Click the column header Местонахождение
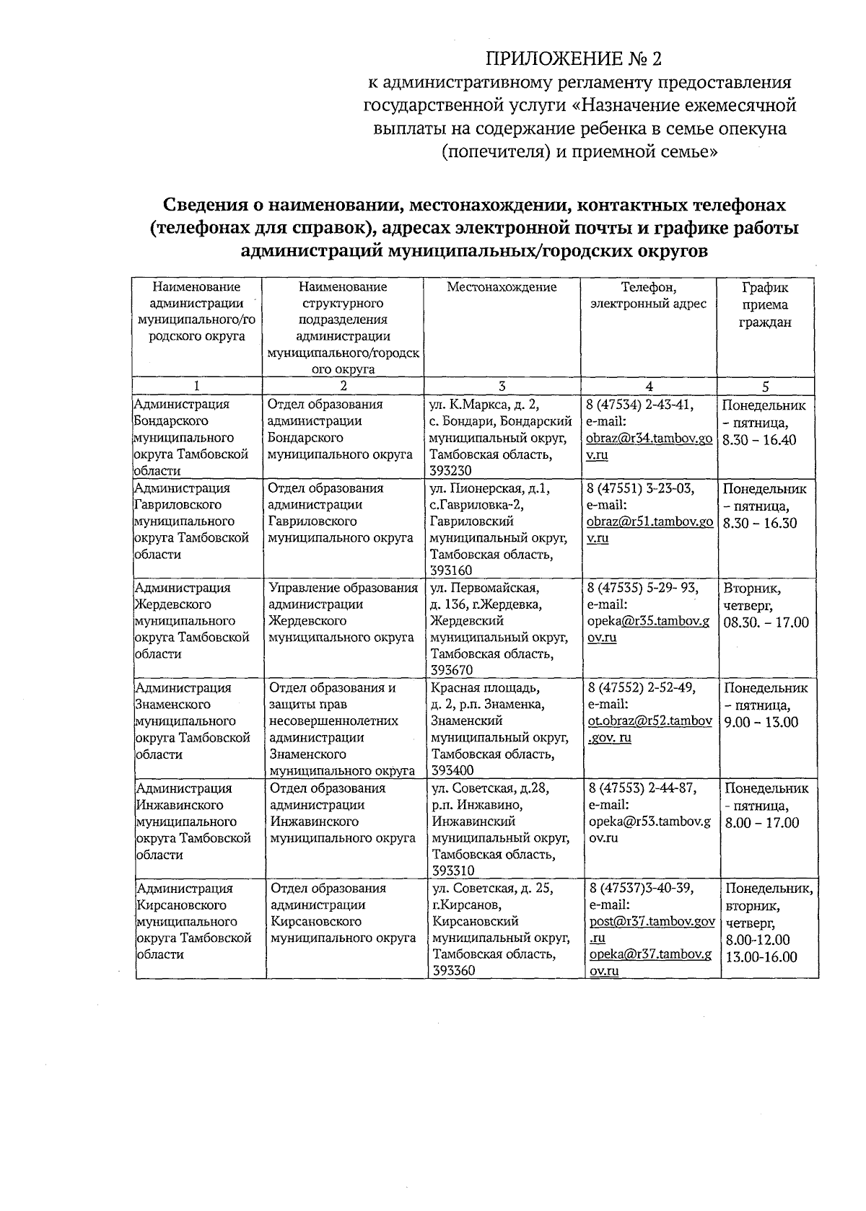click(x=502, y=287)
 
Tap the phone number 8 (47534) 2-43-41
click(x=641, y=405)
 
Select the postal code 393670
click(x=452, y=671)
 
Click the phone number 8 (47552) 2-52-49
click(x=642, y=688)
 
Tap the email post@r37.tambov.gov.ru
click(x=651, y=930)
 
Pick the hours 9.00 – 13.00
click(x=761, y=722)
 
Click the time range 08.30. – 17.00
click(x=766, y=622)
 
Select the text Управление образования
click(x=343, y=589)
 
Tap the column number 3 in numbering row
click(x=502, y=386)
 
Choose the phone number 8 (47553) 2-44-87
click(x=643, y=788)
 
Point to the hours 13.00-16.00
click(x=761, y=957)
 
